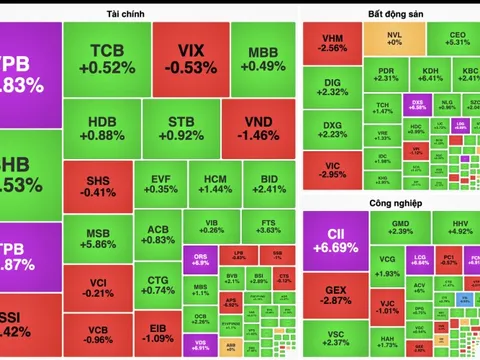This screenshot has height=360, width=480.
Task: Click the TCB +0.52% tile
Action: [x=106, y=58]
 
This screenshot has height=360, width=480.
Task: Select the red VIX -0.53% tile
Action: [x=184, y=58]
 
